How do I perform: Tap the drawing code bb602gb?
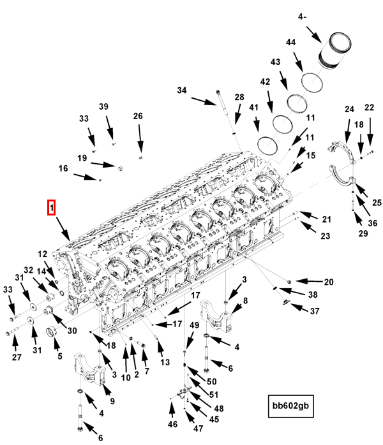[x=290, y=405]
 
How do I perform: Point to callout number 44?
[x=290, y=43]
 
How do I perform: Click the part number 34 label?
[x=182, y=91]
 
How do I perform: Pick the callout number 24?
[x=349, y=109]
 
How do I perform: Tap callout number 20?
[x=329, y=282]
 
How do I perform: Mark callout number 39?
[x=103, y=106]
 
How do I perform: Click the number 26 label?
[x=138, y=116]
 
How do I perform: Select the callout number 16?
[x=63, y=168]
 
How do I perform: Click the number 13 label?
[x=165, y=363]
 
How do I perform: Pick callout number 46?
[x=172, y=425]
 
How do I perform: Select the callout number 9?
[x=112, y=401]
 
